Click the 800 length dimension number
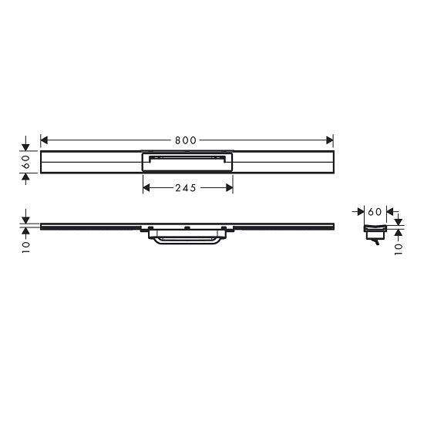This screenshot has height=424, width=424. pyautogui.click(x=185, y=140)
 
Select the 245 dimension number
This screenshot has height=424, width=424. pyautogui.click(x=187, y=187)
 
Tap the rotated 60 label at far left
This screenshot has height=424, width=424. pyautogui.click(x=26, y=163)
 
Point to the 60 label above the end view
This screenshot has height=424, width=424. pyautogui.click(x=374, y=210)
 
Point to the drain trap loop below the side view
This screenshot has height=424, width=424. pyautogui.click(x=187, y=241)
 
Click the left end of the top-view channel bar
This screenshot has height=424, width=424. pyautogui.click(x=43, y=163)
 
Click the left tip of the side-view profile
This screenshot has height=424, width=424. pyautogui.click(x=42, y=227)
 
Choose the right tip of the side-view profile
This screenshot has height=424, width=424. pyautogui.click(x=332, y=227)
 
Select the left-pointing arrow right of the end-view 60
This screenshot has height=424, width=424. pyautogui.click(x=389, y=210)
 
